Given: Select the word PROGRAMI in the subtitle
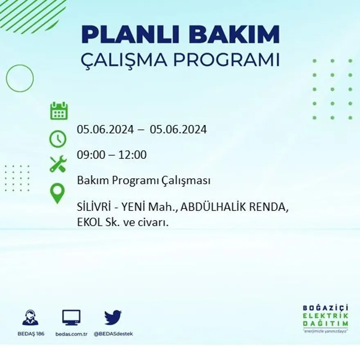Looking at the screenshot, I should (x=226, y=60).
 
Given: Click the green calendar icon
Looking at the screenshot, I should (x=59, y=111).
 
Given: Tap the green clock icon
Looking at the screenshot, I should (x=58, y=139).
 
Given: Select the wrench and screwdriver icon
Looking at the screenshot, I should (x=58, y=164).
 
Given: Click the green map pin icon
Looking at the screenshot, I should (x=57, y=193).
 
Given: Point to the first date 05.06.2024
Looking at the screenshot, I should (x=105, y=130).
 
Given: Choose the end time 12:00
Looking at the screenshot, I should (x=133, y=155).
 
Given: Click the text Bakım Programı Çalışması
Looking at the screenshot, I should (x=144, y=180).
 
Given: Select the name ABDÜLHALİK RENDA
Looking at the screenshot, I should (x=234, y=208).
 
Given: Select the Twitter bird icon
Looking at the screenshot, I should (x=113, y=317).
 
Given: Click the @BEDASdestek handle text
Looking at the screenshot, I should (x=113, y=334).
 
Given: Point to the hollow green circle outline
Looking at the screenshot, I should (x=20, y=78).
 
